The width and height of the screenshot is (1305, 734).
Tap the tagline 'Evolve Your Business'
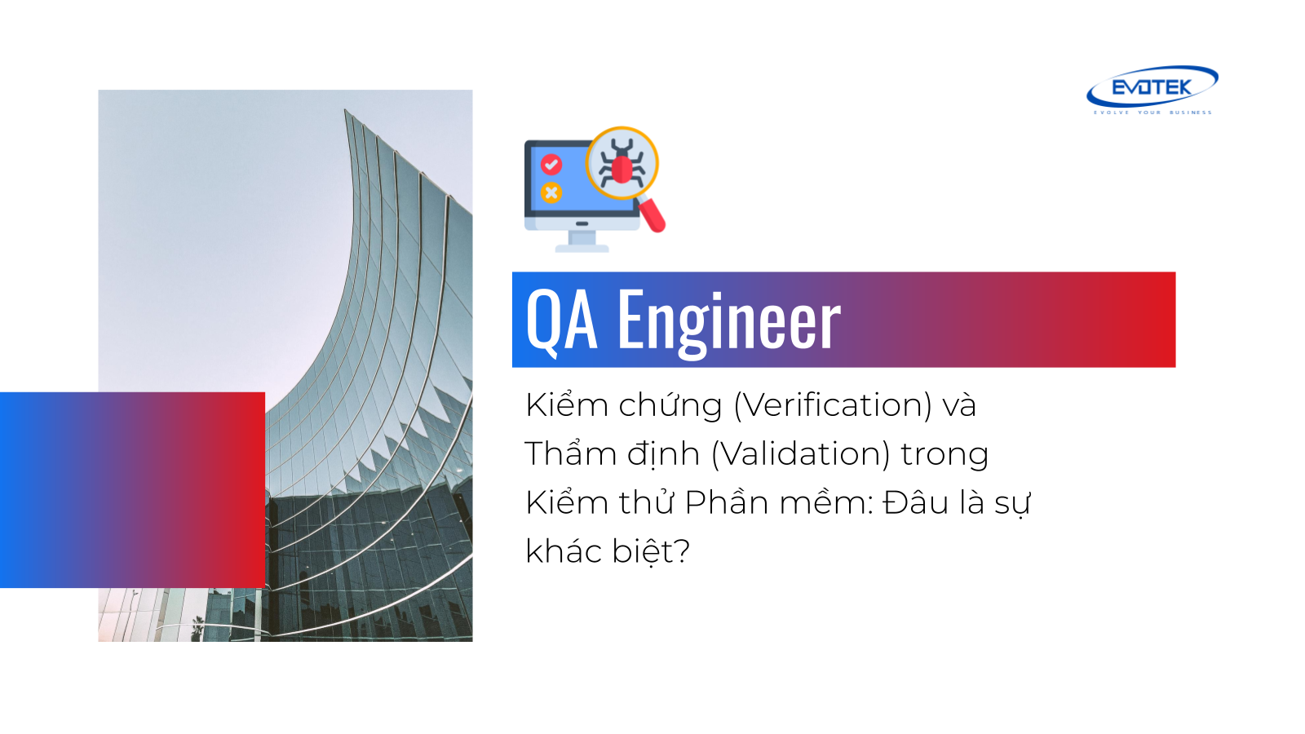coord(1152,113)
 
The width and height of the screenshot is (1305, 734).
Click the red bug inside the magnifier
coord(622,164)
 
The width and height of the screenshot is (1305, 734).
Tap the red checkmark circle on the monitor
coord(551,164)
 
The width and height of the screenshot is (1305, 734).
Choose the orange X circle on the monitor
coord(551,192)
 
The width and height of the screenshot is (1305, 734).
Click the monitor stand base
coord(582,249)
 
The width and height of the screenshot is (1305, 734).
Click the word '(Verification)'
coord(833,405)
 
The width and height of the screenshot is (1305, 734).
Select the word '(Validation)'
coord(800,454)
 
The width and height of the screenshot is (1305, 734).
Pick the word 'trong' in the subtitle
coord(945,456)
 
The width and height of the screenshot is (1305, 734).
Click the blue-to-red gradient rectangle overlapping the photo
coord(132,490)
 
